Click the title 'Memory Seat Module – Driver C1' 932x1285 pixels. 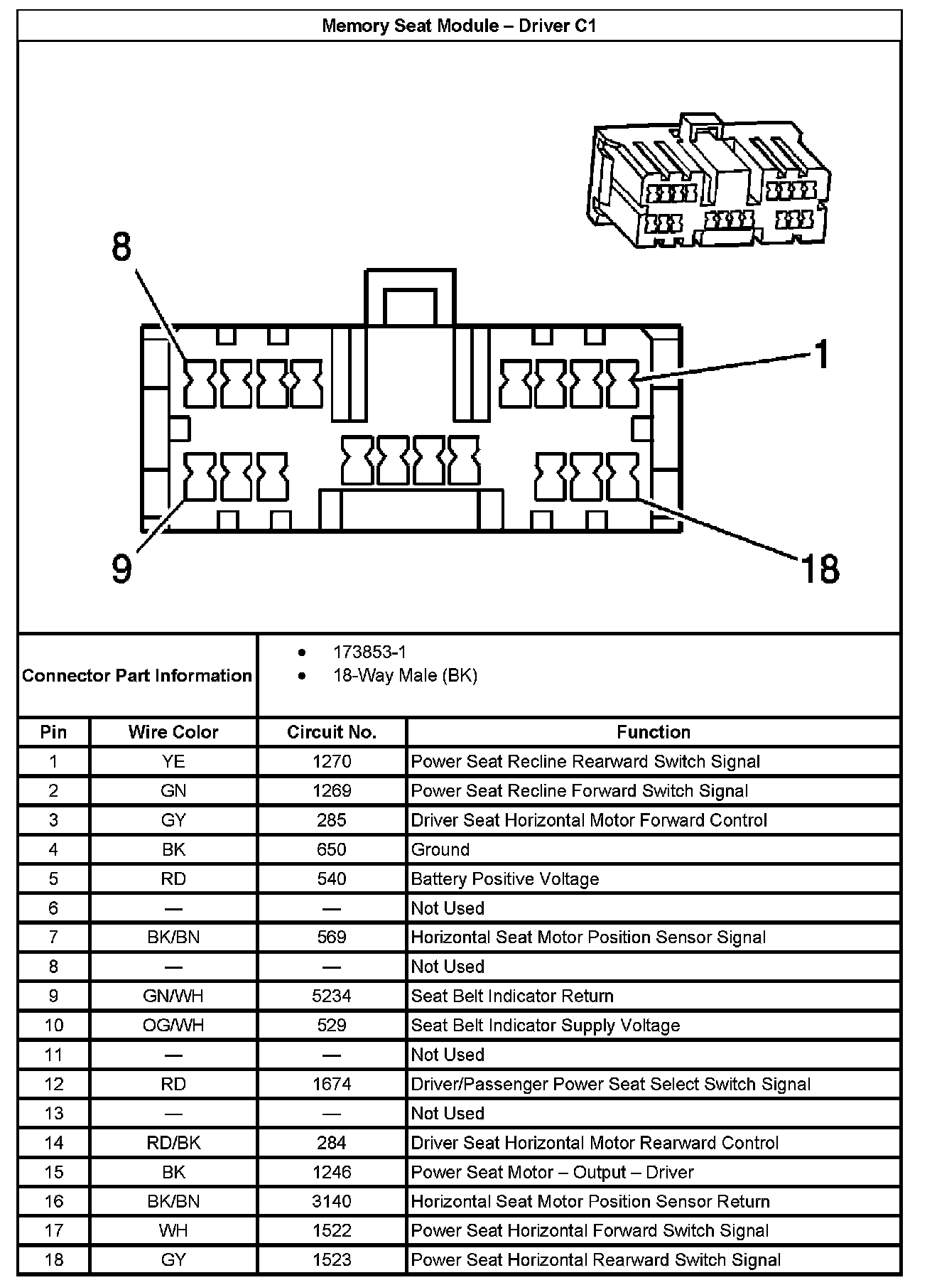pyautogui.click(x=459, y=26)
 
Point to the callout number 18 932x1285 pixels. pyautogui.click(x=820, y=569)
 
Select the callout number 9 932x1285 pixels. pyautogui.click(x=122, y=569)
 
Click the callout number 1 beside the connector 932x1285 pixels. pyautogui.click(x=821, y=355)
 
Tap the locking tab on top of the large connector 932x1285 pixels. pyautogui.click(x=410, y=299)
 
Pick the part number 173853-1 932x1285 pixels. pyautogui.click(x=369, y=652)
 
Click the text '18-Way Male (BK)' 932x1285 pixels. pyautogui.click(x=405, y=675)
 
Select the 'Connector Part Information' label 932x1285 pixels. pyautogui.click(x=137, y=675)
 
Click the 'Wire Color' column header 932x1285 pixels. pyautogui.click(x=173, y=732)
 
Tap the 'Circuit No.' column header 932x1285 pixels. pyautogui.click(x=332, y=732)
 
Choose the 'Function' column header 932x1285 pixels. pyautogui.click(x=653, y=732)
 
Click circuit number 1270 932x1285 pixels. pyautogui.click(x=332, y=762)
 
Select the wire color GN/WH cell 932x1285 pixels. pyautogui.click(x=173, y=996)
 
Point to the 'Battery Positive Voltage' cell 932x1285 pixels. pyautogui.click(x=505, y=879)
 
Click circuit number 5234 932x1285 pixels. pyautogui.click(x=332, y=996)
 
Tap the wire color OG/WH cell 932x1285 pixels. pyautogui.click(x=173, y=1026)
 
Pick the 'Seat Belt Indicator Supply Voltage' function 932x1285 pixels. pyautogui.click(x=546, y=1026)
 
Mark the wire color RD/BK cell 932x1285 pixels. pyautogui.click(x=173, y=1143)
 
